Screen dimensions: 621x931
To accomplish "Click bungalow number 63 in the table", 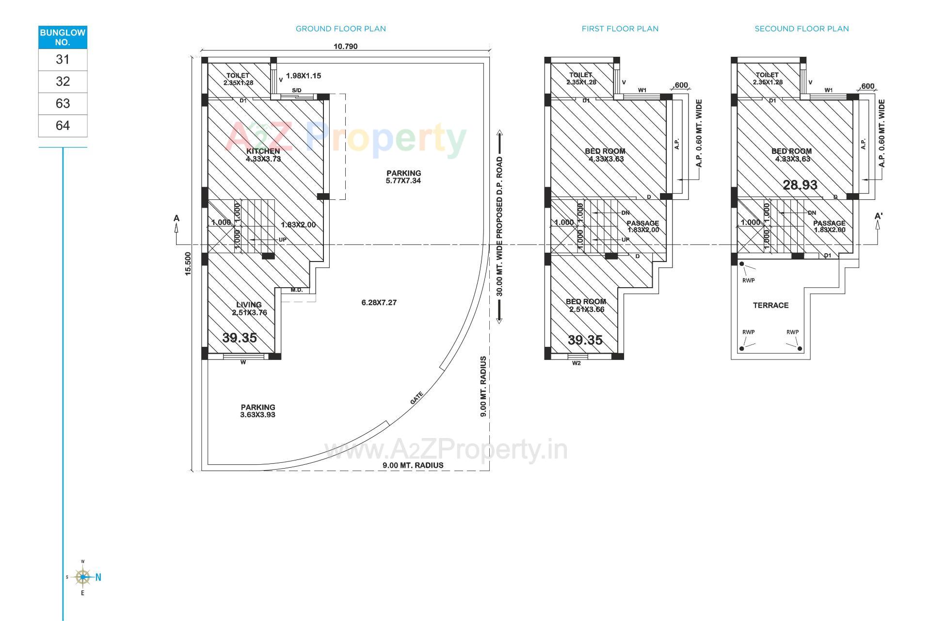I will coord(63,103).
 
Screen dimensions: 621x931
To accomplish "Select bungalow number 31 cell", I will coord(63,60).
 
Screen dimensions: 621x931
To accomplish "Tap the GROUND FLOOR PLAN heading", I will coord(341,29).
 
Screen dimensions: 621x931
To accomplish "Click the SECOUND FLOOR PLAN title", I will coord(802,29).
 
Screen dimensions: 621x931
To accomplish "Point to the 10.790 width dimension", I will coord(345,47).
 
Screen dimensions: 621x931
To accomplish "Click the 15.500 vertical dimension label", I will coord(188,263).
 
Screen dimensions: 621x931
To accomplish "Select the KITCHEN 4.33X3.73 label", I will coord(263,155).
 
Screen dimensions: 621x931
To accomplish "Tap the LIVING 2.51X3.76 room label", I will coord(249,309).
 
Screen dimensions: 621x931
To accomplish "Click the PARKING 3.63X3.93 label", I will coord(258,411).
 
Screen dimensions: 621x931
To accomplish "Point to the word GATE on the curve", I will coord(417,398).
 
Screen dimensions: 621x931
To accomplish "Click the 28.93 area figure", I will coord(800,185).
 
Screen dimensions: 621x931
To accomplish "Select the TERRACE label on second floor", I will coord(770,305).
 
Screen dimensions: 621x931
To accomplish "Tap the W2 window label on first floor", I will coord(577,363).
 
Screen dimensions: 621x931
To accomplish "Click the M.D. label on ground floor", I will coord(296,290).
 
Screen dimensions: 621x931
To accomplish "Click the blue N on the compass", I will coord(98,577).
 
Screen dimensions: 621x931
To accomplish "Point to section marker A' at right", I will coord(878,216).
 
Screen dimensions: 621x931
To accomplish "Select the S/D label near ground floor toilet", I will coord(296,90).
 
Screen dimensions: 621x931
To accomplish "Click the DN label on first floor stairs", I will coord(626,213).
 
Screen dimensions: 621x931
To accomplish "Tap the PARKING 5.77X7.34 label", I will coord(403,177).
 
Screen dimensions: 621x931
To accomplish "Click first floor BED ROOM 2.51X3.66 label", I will coord(586,305).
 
